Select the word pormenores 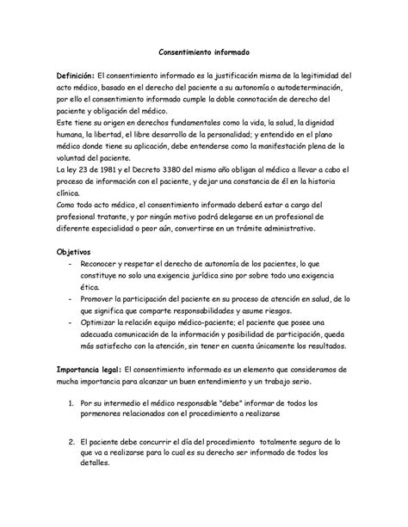click(x=105, y=416)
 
